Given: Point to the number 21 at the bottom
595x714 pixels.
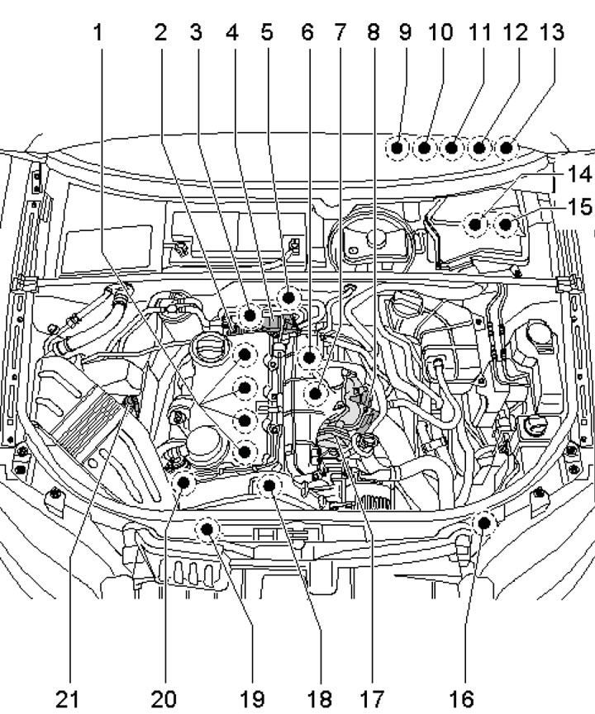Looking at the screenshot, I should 69,699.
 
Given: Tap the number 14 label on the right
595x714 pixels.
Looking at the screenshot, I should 578,176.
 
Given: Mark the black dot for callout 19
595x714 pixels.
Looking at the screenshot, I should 207,528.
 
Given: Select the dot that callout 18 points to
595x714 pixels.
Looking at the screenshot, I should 269,486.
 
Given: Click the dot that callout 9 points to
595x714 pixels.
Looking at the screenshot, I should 398,149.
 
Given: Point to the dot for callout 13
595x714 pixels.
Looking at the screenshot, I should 506,149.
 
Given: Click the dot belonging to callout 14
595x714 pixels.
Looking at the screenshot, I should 476,222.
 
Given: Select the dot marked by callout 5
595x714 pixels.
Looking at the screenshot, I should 288,296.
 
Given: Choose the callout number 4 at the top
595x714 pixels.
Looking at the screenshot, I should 232,33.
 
